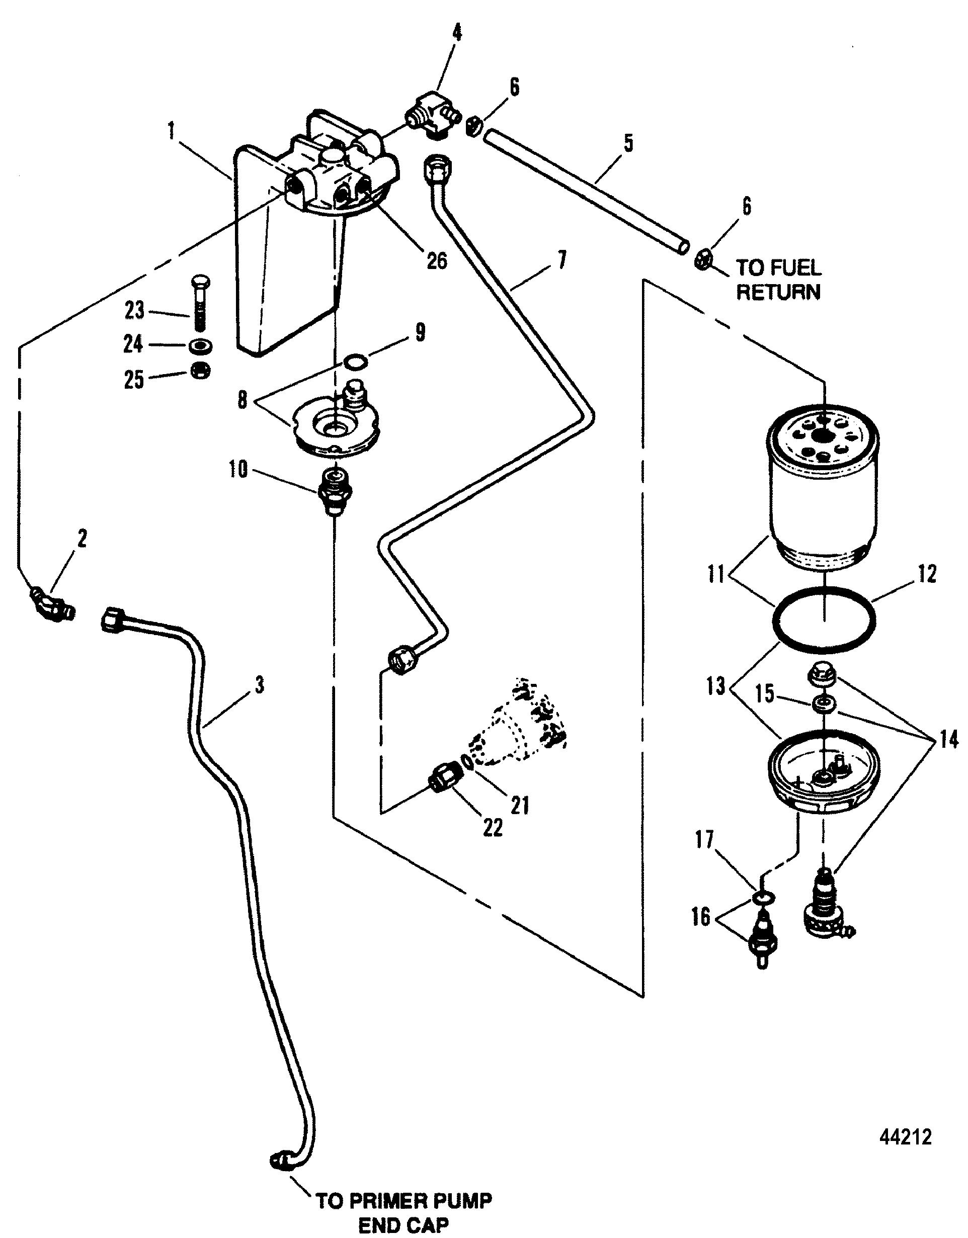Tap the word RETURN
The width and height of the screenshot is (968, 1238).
[x=778, y=292]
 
